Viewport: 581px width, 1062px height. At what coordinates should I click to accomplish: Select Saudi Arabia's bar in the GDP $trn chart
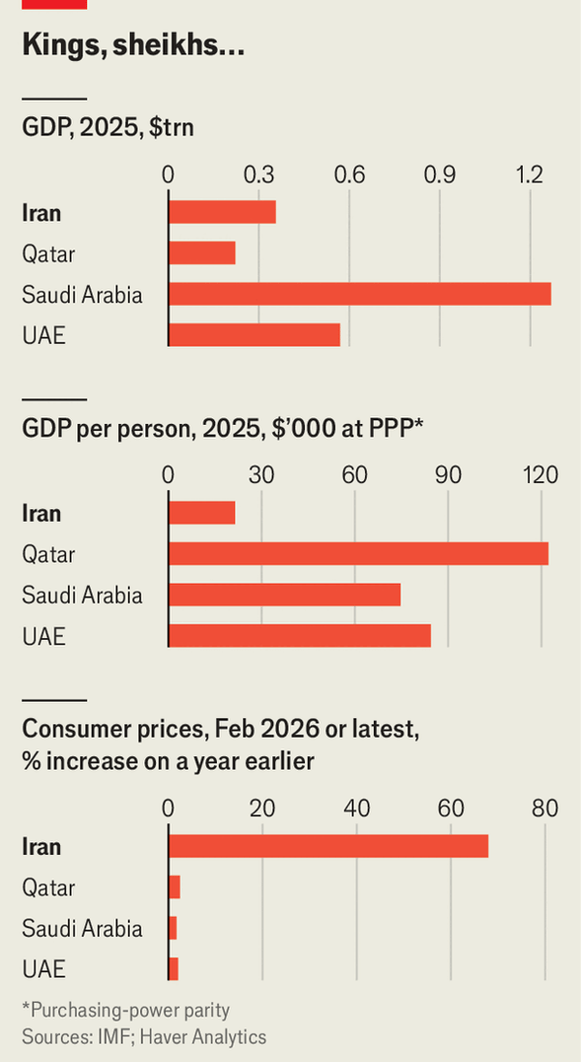(359, 293)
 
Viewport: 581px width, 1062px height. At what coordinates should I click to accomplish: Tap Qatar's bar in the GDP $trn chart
(201, 253)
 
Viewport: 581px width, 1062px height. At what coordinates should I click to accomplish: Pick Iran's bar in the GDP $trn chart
(222, 211)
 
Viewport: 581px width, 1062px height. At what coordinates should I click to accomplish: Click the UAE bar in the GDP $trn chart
(254, 334)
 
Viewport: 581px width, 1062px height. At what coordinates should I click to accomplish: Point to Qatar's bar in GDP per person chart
(358, 554)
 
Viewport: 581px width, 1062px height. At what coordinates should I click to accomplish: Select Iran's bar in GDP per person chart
(201, 513)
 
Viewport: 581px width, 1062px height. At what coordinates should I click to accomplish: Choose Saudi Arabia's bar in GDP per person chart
(285, 594)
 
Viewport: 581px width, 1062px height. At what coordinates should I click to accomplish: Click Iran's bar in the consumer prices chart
(328, 846)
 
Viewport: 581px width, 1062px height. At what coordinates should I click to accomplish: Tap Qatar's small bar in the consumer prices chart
(174, 887)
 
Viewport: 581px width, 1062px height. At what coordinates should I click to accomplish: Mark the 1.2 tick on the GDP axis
(530, 175)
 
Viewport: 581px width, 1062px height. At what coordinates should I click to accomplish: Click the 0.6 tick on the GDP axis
(349, 175)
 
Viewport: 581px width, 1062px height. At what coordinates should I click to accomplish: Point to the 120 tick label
(540, 476)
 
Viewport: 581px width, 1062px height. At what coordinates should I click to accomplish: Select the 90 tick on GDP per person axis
(447, 476)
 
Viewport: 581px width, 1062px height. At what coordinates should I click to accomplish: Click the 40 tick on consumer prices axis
(356, 808)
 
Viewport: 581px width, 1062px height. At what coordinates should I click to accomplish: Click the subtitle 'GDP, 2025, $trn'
(108, 128)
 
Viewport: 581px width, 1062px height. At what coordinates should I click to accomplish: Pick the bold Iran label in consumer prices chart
(42, 846)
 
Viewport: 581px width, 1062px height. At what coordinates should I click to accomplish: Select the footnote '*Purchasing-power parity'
(126, 1011)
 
